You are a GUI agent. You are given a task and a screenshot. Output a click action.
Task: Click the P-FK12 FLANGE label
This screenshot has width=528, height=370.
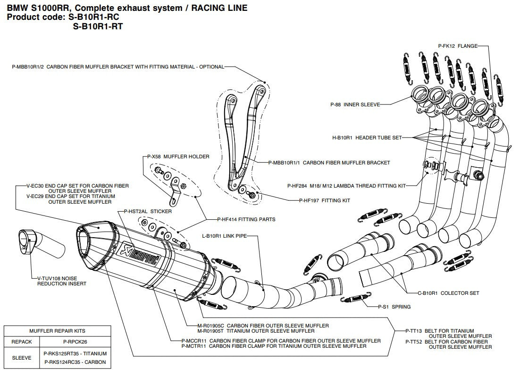[x=457, y=46]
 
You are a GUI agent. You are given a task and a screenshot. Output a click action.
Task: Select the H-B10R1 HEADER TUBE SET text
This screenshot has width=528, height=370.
[x=367, y=138]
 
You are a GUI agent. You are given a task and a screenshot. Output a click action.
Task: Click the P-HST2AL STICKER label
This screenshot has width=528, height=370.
[x=147, y=211]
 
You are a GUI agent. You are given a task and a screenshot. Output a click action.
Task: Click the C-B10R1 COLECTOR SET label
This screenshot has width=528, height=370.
[x=448, y=293]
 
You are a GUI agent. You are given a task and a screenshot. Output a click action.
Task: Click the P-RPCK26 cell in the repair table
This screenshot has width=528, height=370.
[x=75, y=340]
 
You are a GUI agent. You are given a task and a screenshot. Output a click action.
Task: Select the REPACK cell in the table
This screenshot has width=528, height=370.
[x=21, y=340]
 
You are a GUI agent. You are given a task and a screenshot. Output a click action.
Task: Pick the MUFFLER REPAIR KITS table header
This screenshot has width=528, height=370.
[x=58, y=331]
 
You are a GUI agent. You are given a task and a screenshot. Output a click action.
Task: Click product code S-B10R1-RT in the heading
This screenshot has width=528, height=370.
[x=97, y=26]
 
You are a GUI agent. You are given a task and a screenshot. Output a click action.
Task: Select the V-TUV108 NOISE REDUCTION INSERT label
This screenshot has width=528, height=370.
[x=61, y=281]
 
